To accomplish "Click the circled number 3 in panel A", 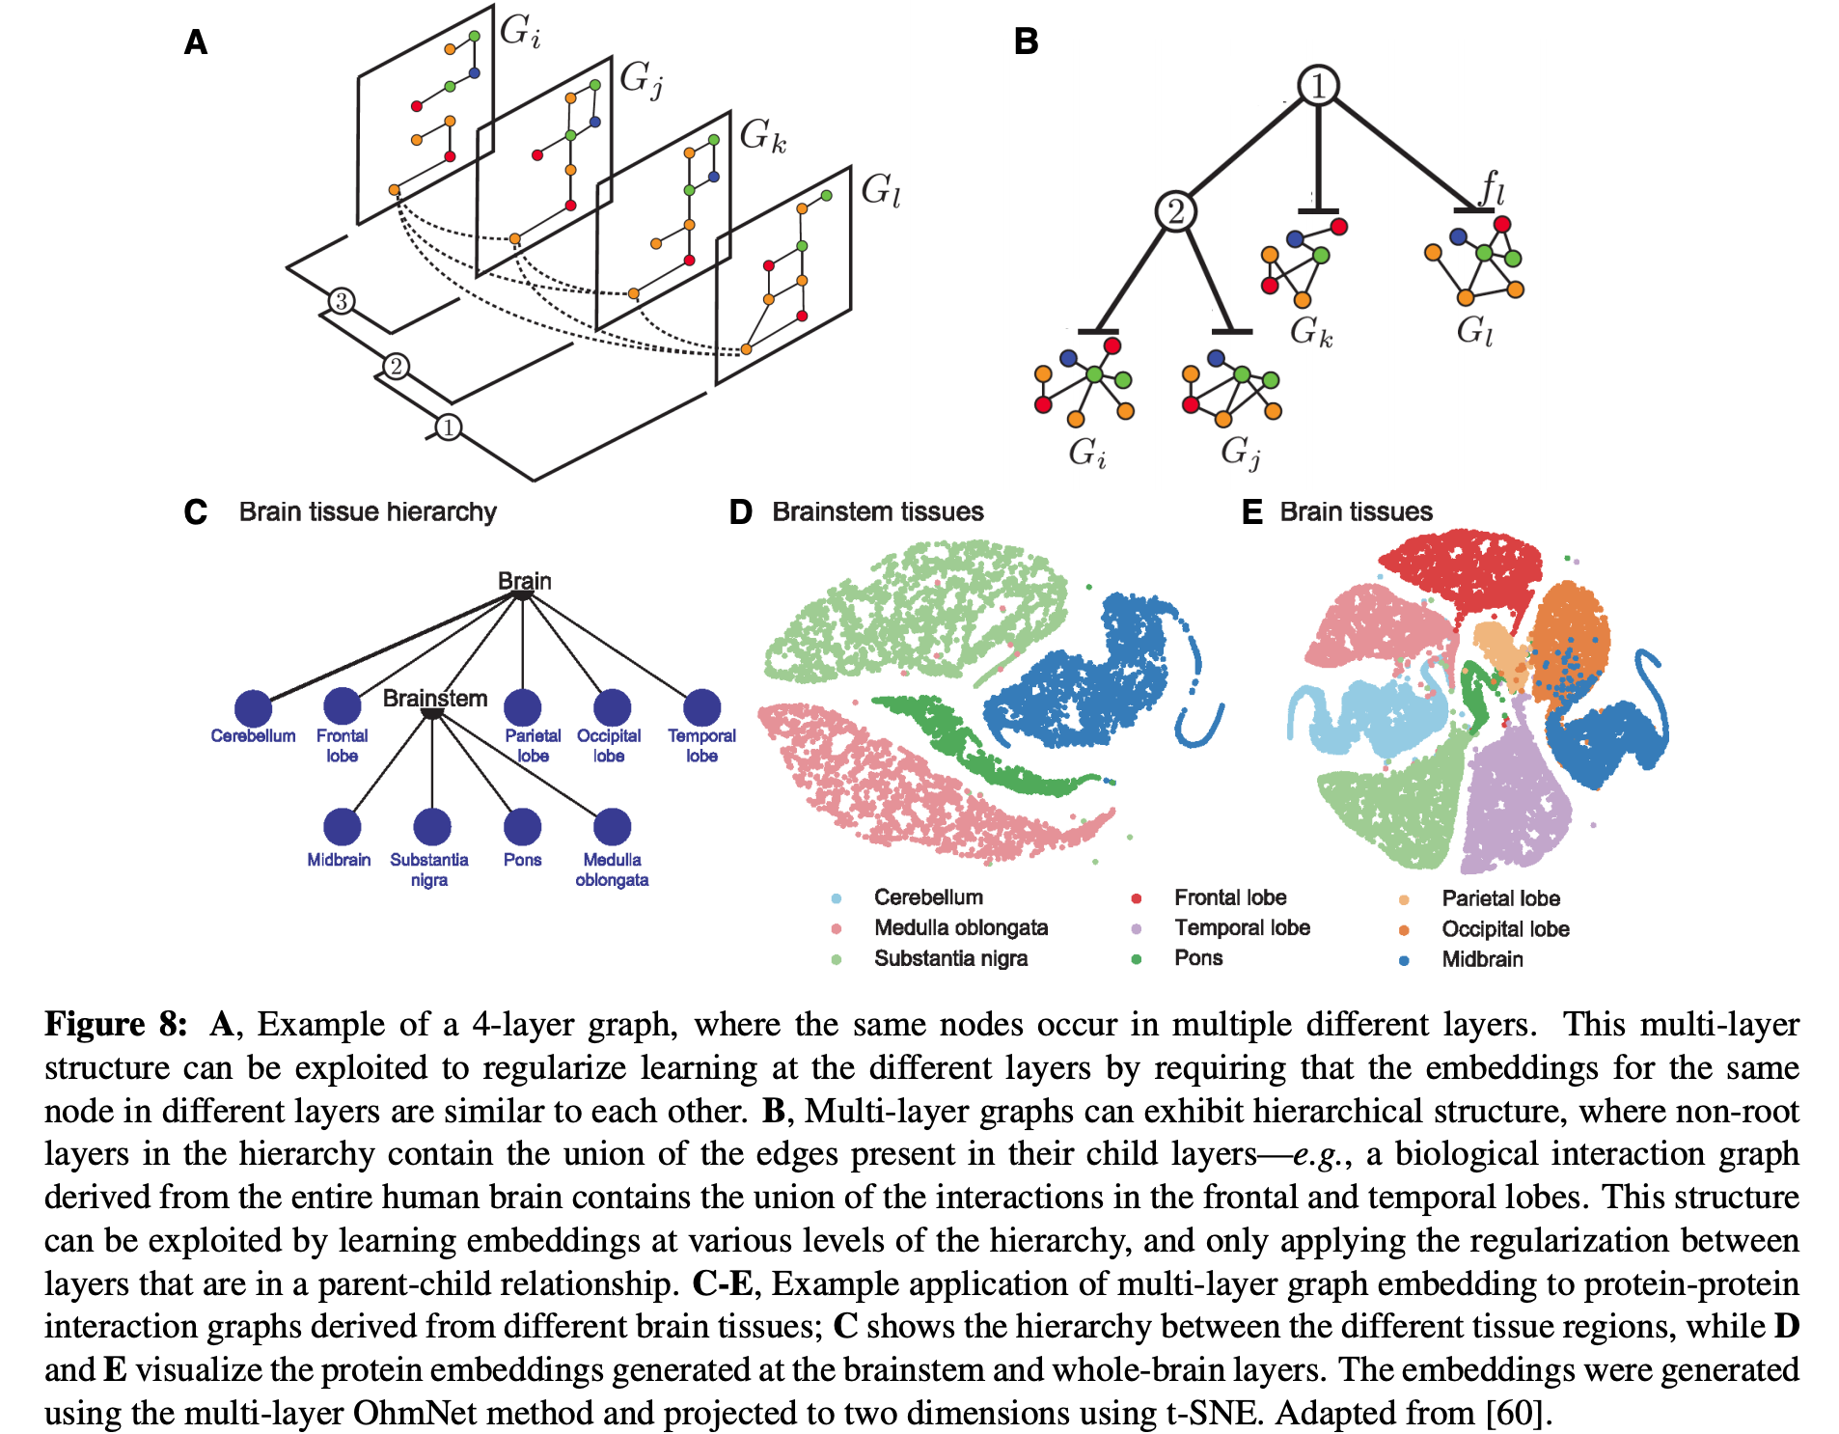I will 341,301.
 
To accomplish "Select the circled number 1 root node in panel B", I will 1318,85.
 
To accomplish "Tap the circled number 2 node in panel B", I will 1175,210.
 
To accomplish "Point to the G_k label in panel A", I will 762,135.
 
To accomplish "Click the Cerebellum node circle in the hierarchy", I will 253,708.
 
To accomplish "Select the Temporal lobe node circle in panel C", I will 701,707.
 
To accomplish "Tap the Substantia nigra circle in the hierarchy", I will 431,826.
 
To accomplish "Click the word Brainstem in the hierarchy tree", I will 435,698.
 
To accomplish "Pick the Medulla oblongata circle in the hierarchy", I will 612,826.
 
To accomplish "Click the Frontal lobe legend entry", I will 1229,897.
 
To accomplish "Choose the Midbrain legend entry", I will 1482,959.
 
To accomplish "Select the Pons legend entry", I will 1198,958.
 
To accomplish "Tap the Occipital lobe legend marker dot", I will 1404,930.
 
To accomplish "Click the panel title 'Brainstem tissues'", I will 877,511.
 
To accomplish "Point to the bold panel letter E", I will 1251,511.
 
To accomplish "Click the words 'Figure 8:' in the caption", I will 116,1024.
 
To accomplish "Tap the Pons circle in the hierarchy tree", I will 522,826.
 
